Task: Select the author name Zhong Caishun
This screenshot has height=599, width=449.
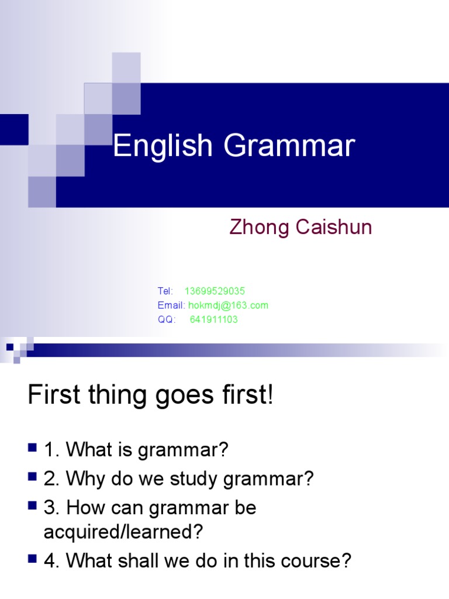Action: (301, 227)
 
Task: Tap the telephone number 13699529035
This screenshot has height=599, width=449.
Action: (215, 291)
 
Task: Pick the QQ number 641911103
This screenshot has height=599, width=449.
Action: (213, 319)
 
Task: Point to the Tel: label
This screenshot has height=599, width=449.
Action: (165, 291)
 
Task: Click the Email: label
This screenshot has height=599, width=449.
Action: (171, 305)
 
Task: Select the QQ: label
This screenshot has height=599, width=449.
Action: (167, 319)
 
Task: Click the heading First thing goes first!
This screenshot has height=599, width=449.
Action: (150, 396)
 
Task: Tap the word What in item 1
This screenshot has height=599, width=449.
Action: (87, 450)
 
